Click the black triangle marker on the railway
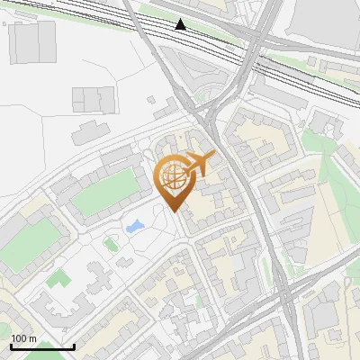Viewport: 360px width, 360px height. tap(181, 24)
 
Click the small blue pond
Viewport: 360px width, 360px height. tap(136, 225)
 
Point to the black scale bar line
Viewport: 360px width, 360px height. tap(42, 346)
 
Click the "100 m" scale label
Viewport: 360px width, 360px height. tap(24, 338)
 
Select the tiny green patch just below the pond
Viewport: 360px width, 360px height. tap(111, 244)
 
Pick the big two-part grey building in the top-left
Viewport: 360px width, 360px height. tap(33, 40)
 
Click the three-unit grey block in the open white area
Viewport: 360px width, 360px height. tap(94, 99)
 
